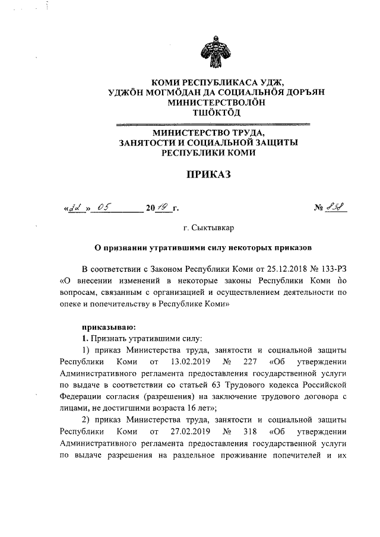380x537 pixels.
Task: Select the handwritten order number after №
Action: pyautogui.click(x=339, y=208)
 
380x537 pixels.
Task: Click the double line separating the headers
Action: pyautogui.click(x=212, y=124)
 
